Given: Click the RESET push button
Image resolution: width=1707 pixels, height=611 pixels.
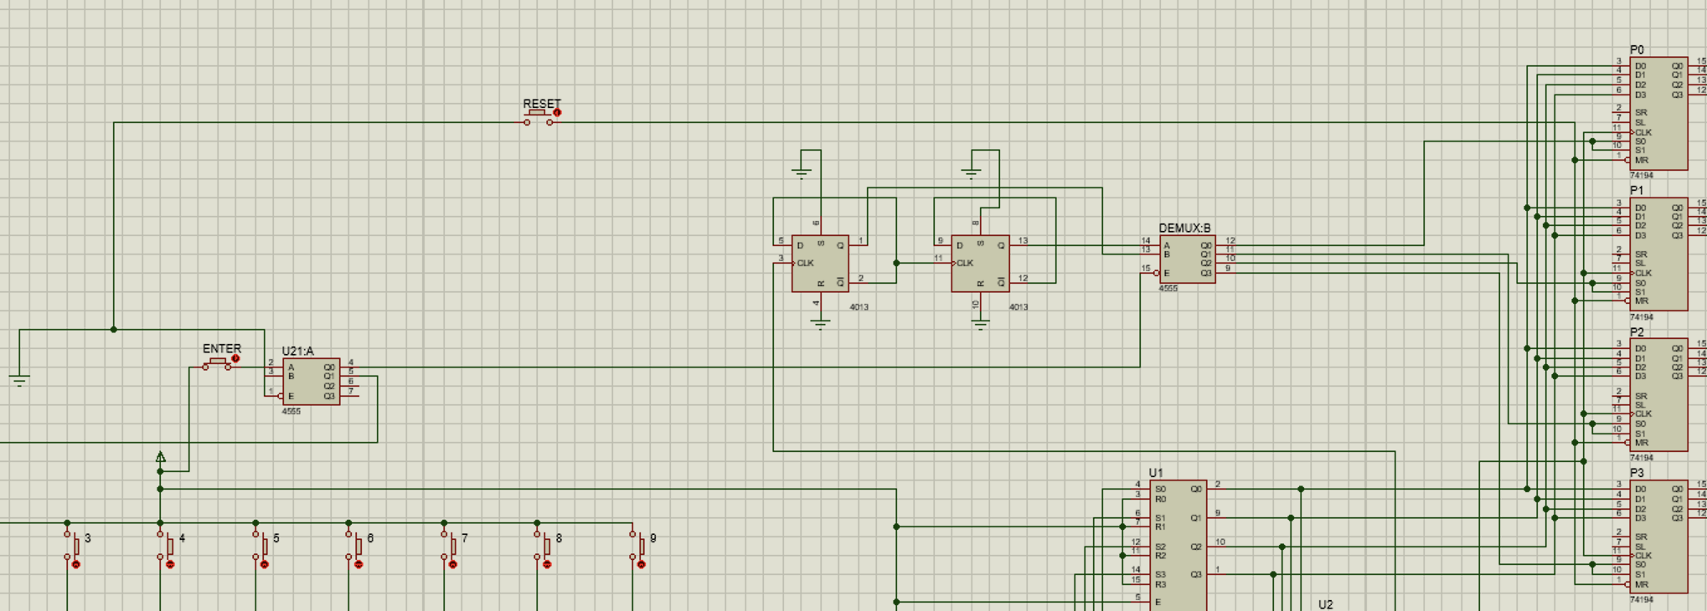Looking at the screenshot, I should [538, 116].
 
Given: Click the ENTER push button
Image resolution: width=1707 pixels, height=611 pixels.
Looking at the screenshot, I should [218, 362].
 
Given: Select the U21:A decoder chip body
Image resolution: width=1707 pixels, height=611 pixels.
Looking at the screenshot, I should [311, 383].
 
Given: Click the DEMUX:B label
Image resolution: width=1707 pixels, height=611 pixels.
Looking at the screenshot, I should [1184, 228].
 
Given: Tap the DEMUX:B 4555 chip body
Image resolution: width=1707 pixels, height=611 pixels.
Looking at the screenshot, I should [1188, 259].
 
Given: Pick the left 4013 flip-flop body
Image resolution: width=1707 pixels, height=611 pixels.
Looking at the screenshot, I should [820, 264].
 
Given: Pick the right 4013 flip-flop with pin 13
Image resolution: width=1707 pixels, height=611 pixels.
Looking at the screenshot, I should [980, 264].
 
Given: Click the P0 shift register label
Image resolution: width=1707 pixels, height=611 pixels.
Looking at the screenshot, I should [1637, 50].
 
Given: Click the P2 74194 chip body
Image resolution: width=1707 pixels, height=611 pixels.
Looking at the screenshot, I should [1658, 395].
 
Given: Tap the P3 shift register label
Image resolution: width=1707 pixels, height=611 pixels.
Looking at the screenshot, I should [1637, 473].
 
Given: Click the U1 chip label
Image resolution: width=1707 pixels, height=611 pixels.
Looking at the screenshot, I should [1155, 473].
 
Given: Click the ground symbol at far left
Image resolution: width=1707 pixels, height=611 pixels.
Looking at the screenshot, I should [19, 381].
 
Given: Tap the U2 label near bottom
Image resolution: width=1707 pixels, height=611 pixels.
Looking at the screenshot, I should [1325, 604].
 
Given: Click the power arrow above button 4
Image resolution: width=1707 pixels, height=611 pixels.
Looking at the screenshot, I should [161, 457].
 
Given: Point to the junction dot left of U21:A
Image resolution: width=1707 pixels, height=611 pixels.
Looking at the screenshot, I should [114, 330].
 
